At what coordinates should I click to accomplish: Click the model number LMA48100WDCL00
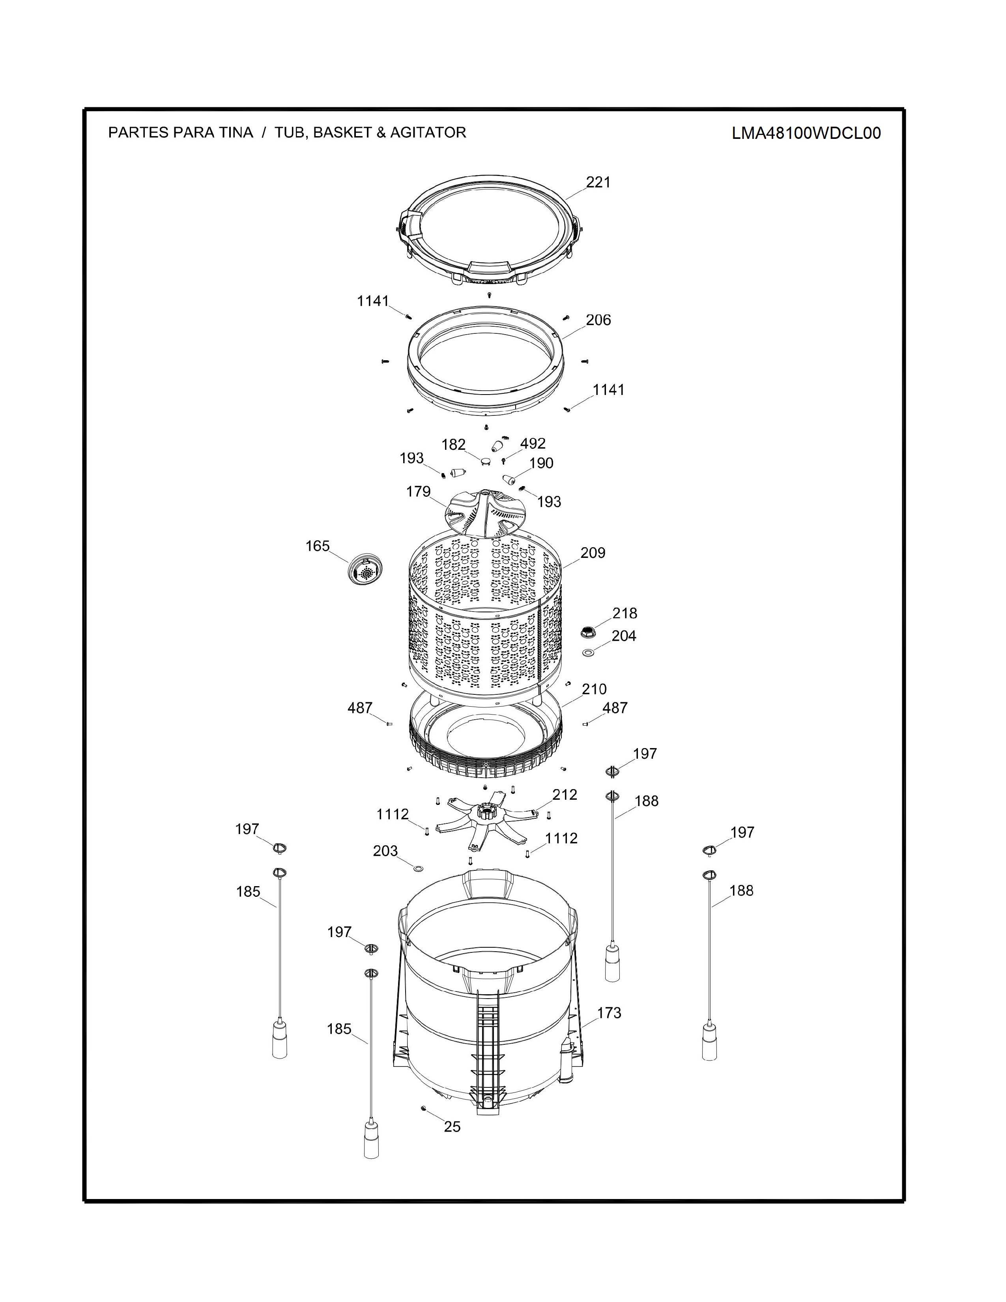[806, 133]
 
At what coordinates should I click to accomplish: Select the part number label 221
[598, 182]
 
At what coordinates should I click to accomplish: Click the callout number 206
[598, 320]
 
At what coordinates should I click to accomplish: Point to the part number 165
[318, 546]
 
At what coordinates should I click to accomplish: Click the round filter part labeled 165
[365, 569]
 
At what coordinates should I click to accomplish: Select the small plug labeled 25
[423, 1107]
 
